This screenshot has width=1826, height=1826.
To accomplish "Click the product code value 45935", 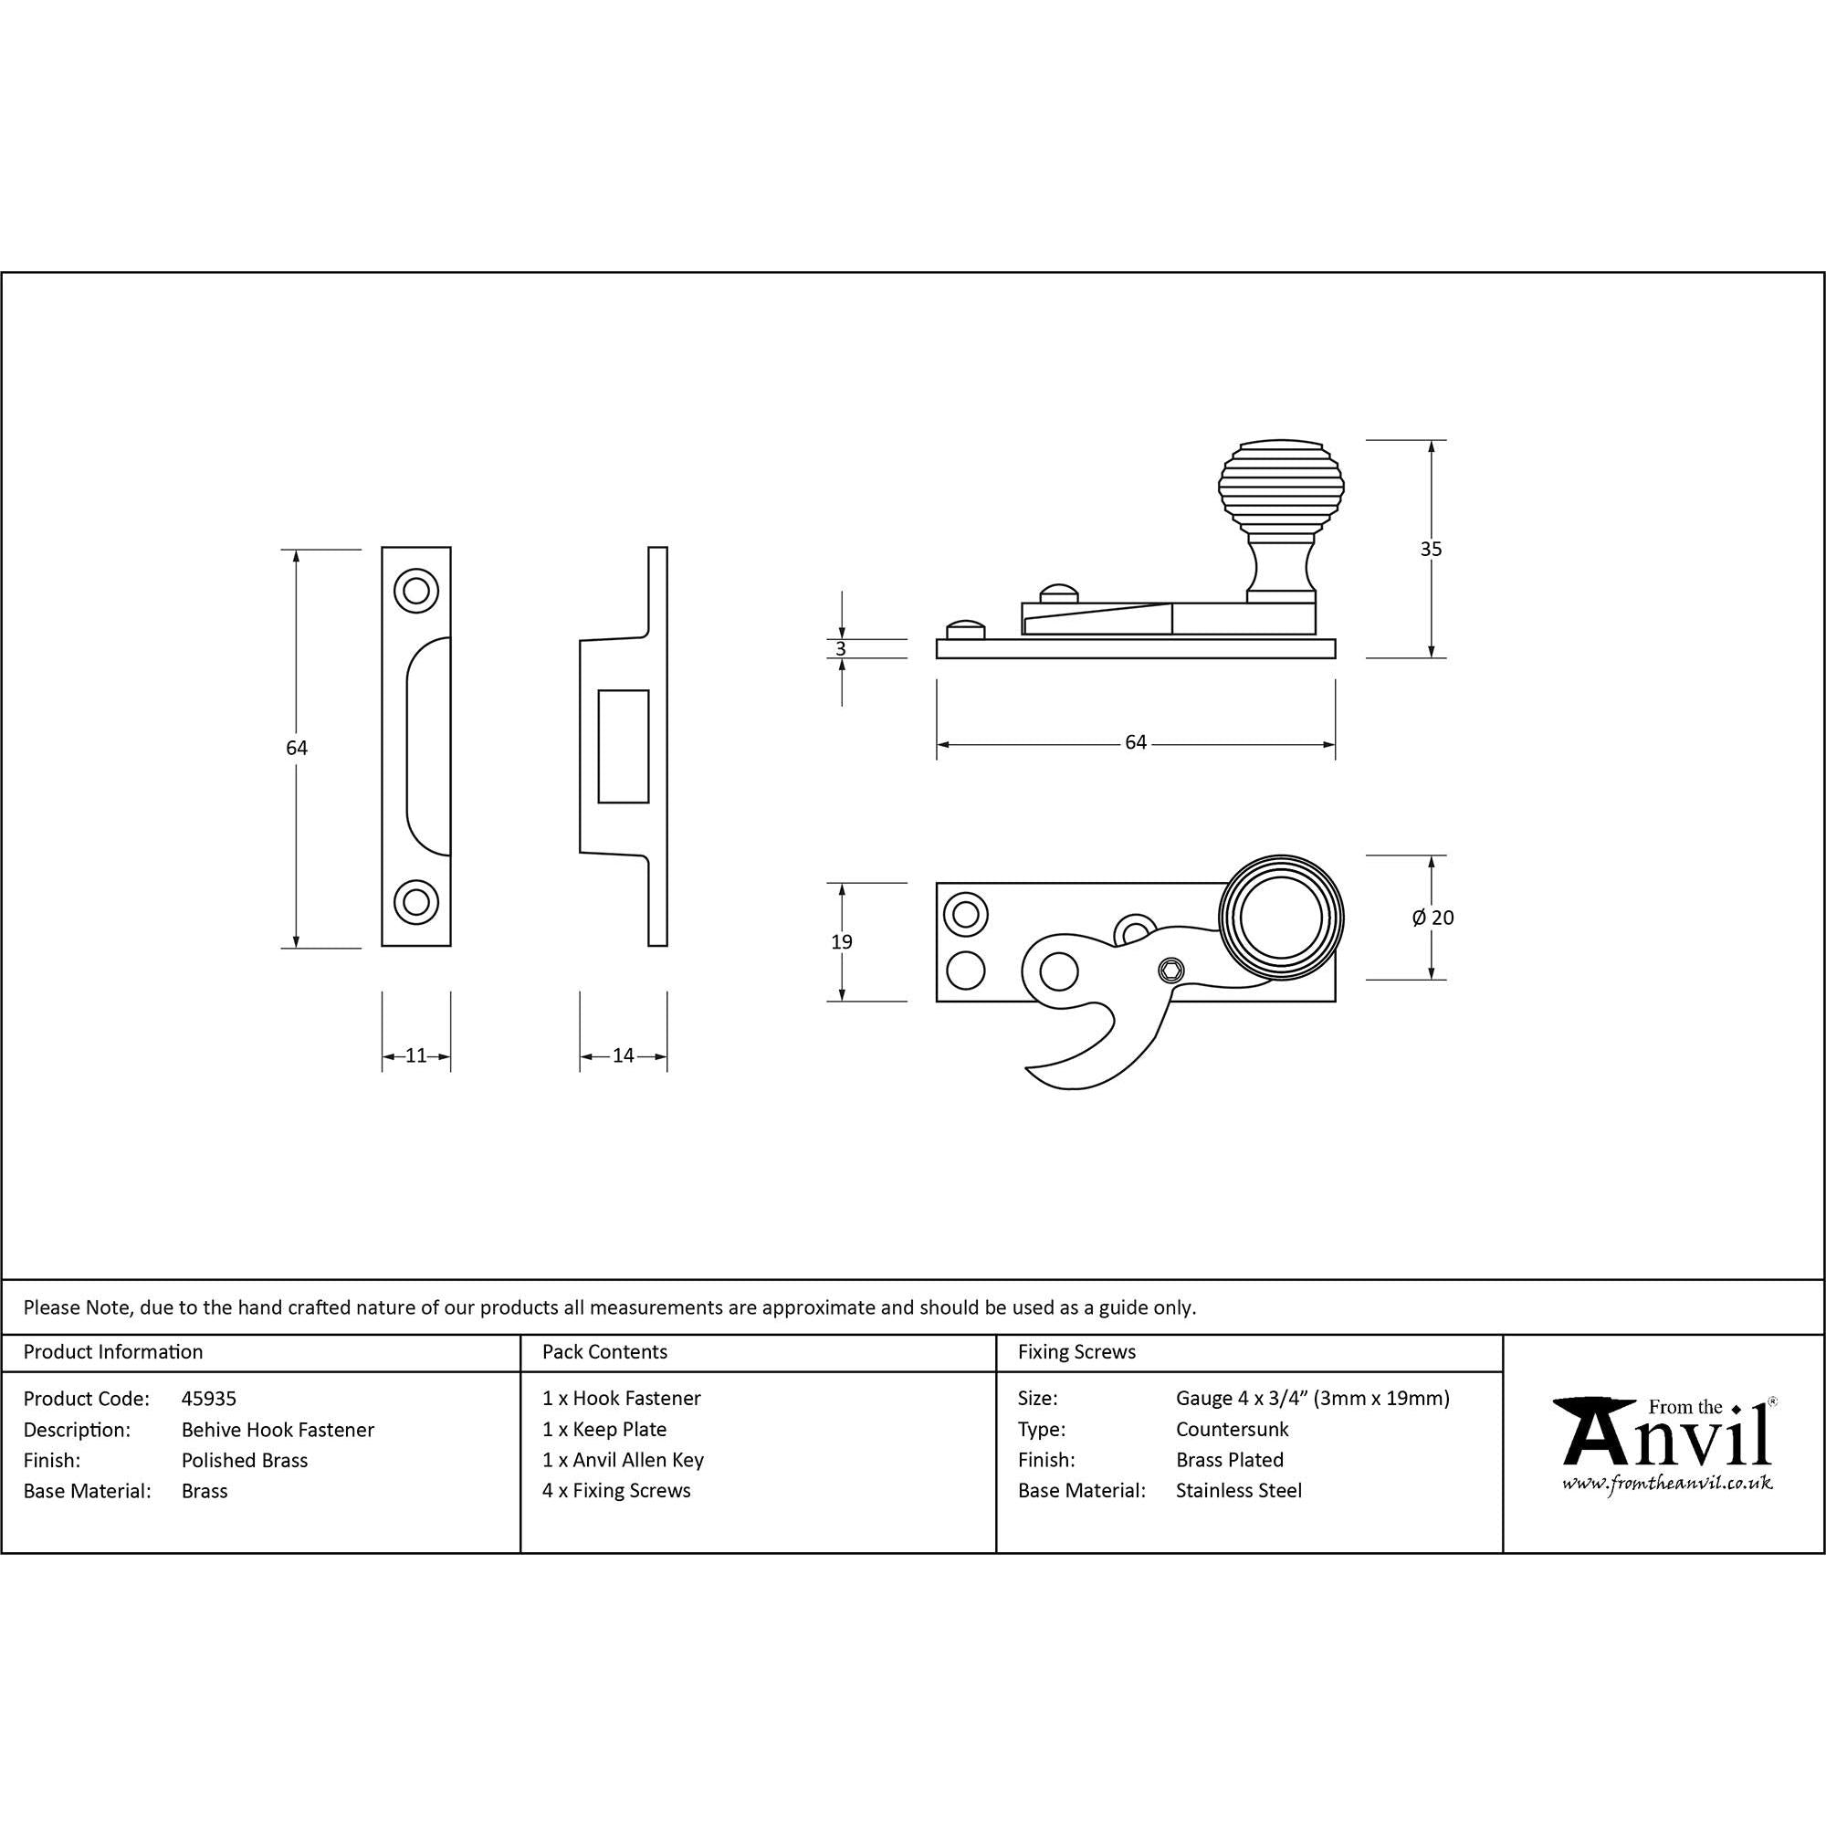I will pos(209,1398).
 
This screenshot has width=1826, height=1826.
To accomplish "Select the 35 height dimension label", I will pos(1431,548).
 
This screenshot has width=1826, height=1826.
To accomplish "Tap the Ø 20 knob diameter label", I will pos(1432,918).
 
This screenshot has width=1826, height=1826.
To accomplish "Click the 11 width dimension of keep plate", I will pos(415,1055).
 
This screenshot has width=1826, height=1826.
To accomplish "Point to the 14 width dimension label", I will pos(623,1055).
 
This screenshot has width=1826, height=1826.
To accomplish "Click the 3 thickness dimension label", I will pos(841,648).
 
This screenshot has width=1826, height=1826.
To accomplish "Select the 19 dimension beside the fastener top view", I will pos(841,941).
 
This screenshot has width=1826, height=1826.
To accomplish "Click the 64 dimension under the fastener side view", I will pos(1135,743).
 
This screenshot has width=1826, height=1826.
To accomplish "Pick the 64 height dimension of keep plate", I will pos(297,748).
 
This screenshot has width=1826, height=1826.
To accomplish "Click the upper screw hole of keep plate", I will pos(415,591).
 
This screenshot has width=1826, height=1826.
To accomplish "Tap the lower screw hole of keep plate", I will pos(415,902).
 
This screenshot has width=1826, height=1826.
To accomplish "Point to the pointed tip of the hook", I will pos(1030,1070).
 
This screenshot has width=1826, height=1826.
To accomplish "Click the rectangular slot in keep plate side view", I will pos(624,747).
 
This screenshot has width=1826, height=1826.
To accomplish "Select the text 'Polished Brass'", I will pos(245,1460).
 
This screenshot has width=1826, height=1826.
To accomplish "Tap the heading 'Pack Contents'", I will pos(605,1351).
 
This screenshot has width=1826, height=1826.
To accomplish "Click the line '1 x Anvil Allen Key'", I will pos(623,1459).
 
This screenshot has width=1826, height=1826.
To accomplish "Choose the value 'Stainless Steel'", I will pos(1238,1491).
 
